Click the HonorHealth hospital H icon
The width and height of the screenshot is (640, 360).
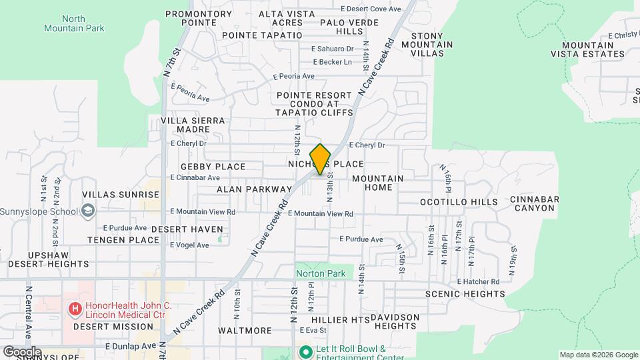tap(75, 309)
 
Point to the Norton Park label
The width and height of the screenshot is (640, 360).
tap(320, 273)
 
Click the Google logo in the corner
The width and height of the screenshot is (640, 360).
tap(22, 352)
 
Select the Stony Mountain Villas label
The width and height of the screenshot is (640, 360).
tap(431, 45)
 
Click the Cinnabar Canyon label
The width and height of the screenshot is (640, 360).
tap(533, 203)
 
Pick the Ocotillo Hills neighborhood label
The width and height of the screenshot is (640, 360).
tap(458, 201)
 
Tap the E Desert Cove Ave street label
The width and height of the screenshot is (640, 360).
tap(371, 9)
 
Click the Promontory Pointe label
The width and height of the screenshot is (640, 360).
tap(198, 18)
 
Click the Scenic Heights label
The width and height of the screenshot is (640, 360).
tap(466, 294)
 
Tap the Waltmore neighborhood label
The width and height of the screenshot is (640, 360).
tap(245, 331)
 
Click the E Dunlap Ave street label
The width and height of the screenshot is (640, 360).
tap(129, 347)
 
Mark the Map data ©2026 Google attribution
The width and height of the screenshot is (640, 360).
tap(598, 355)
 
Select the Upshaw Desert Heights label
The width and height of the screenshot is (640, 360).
tap(49, 259)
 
